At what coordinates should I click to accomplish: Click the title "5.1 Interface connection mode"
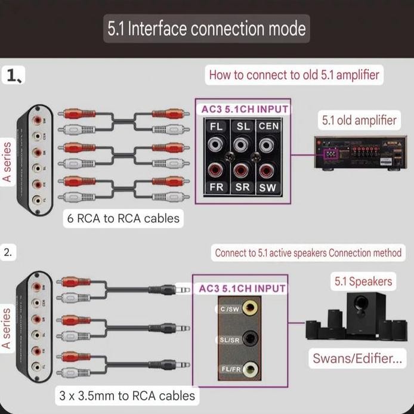pos(206,28)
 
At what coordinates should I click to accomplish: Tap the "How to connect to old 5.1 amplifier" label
pos(293,75)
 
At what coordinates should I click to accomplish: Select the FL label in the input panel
pos(215,126)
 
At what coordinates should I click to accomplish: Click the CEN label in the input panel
pos(268,126)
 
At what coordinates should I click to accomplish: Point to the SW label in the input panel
pos(267,187)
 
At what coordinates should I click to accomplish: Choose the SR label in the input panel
pos(242,187)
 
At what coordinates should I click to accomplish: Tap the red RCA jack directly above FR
pos(215,171)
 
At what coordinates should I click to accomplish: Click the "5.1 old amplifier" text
pos(359,120)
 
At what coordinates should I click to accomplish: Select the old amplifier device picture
pos(358,153)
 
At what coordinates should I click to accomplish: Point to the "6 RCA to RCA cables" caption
pos(122,218)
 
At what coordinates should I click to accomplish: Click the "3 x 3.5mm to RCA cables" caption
pos(126,395)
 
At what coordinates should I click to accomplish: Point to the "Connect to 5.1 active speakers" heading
pos(308,253)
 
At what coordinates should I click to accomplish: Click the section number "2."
pos(8,252)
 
